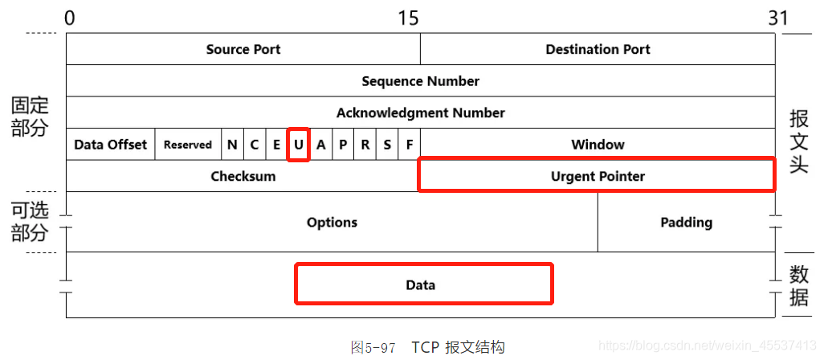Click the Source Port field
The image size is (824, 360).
pyautogui.click(x=243, y=50)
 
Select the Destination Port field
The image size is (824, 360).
pyautogui.click(x=598, y=50)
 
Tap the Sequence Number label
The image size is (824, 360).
pyautogui.click(x=420, y=81)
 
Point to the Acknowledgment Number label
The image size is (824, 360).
pyautogui.click(x=420, y=112)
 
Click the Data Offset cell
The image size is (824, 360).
pyautogui.click(x=110, y=145)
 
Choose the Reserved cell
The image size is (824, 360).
pyautogui.click(x=188, y=145)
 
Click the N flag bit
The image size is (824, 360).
pyautogui.click(x=232, y=145)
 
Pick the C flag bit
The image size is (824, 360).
pyautogui.click(x=255, y=145)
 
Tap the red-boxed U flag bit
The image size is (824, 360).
pyautogui.click(x=299, y=145)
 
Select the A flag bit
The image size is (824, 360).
pyautogui.click(x=321, y=145)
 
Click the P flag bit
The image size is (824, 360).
pyautogui.click(x=344, y=145)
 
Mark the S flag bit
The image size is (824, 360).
pyautogui.click(x=388, y=145)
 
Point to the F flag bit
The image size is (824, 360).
pyautogui.click(x=410, y=145)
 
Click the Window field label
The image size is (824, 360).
pyautogui.click(x=598, y=145)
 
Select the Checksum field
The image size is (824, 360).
pyautogui.click(x=243, y=176)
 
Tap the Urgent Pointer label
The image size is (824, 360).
pyautogui.click(x=598, y=176)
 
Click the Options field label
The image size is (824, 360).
pyautogui.click(x=332, y=222)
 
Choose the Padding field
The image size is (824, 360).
pyautogui.click(x=686, y=222)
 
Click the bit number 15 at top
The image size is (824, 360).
pyautogui.click(x=408, y=18)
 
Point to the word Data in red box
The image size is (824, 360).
pyautogui.click(x=420, y=284)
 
